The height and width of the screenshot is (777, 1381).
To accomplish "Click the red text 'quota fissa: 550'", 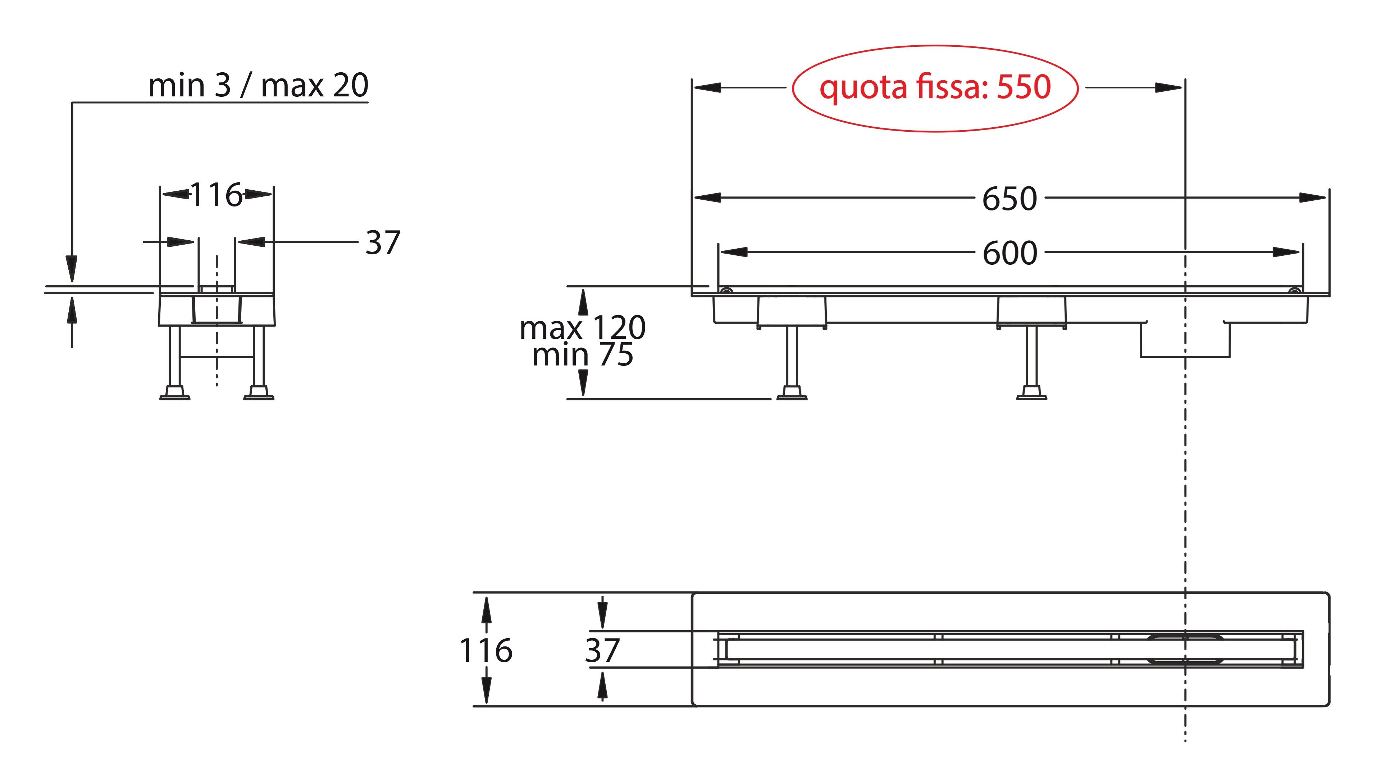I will coord(935,87).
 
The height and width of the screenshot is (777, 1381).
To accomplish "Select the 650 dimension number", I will coord(1009,199).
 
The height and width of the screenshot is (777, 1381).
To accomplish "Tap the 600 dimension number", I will coord(1009,253).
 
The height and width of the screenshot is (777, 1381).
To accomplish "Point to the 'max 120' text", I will coord(582,328).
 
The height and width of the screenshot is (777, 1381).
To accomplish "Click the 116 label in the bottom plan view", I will coord(486,650).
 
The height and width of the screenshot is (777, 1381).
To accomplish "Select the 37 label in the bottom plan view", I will coord(602,650).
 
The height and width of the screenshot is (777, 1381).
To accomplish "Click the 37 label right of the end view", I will coord(383,243).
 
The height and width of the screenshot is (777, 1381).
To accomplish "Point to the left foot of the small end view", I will coord(175,393).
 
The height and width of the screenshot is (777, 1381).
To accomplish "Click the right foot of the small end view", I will coord(259,393).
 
